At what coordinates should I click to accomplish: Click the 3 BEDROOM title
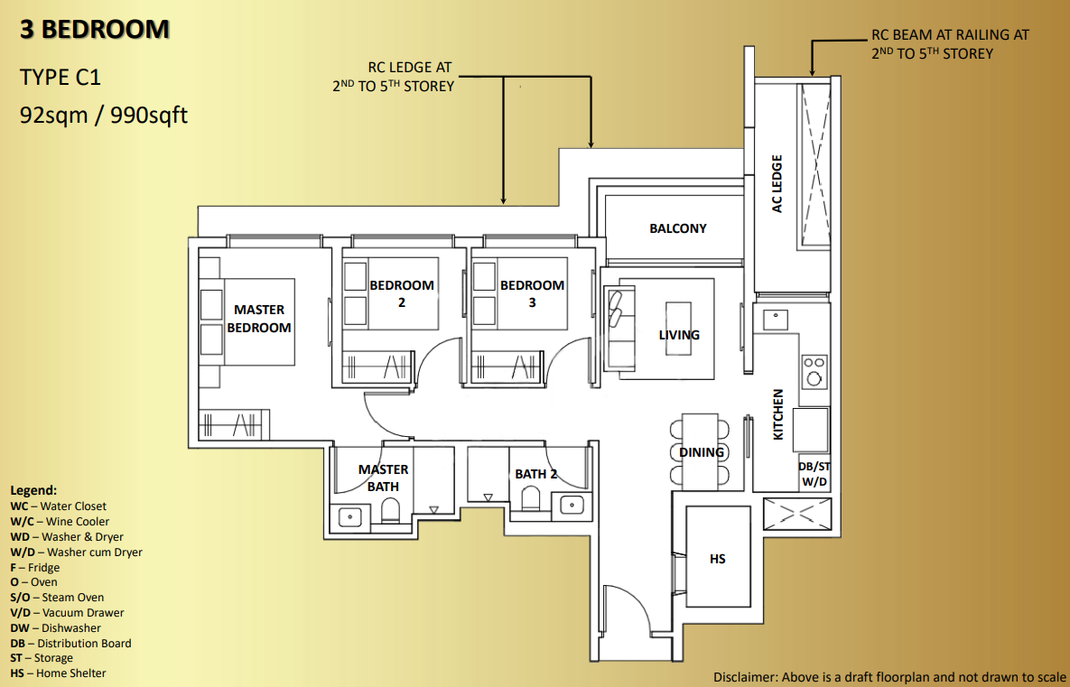click(95, 30)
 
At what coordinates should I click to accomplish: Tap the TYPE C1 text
click(60, 78)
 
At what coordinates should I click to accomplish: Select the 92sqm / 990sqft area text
click(104, 116)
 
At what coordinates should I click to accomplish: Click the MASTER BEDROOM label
click(259, 319)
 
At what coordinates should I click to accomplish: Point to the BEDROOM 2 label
click(401, 293)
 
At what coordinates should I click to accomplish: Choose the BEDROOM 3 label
click(532, 293)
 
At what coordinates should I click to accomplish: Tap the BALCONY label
click(677, 228)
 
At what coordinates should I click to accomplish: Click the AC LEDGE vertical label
click(777, 184)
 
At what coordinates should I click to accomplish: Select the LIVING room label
click(679, 335)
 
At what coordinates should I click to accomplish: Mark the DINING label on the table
click(702, 451)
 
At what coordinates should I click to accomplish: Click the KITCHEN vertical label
click(778, 414)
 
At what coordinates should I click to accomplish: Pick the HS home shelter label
click(717, 559)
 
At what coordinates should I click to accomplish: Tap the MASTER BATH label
click(384, 478)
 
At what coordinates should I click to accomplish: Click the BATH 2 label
click(535, 473)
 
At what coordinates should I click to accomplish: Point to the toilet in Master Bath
click(391, 513)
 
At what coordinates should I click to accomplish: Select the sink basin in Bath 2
click(571, 505)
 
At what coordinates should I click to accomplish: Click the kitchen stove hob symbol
click(814, 371)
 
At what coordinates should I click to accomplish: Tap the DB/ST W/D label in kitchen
click(814, 474)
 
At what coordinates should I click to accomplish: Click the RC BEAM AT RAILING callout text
click(950, 43)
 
